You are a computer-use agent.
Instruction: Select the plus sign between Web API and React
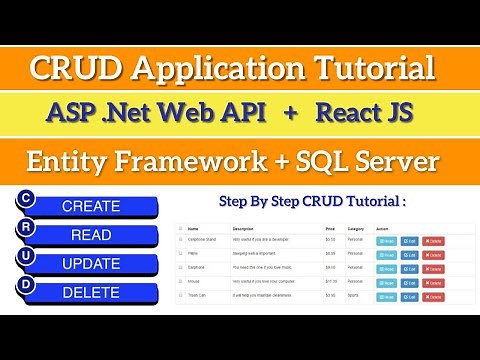coord(290,113)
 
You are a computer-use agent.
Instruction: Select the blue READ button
coord(91,236)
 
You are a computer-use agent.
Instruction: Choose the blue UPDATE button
coord(91,265)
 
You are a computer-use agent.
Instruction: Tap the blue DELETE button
coord(91,293)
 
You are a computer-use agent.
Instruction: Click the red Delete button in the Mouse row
coord(433,283)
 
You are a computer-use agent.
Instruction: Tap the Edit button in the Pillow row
coord(410,255)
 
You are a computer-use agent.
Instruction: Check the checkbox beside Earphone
coord(180,269)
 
